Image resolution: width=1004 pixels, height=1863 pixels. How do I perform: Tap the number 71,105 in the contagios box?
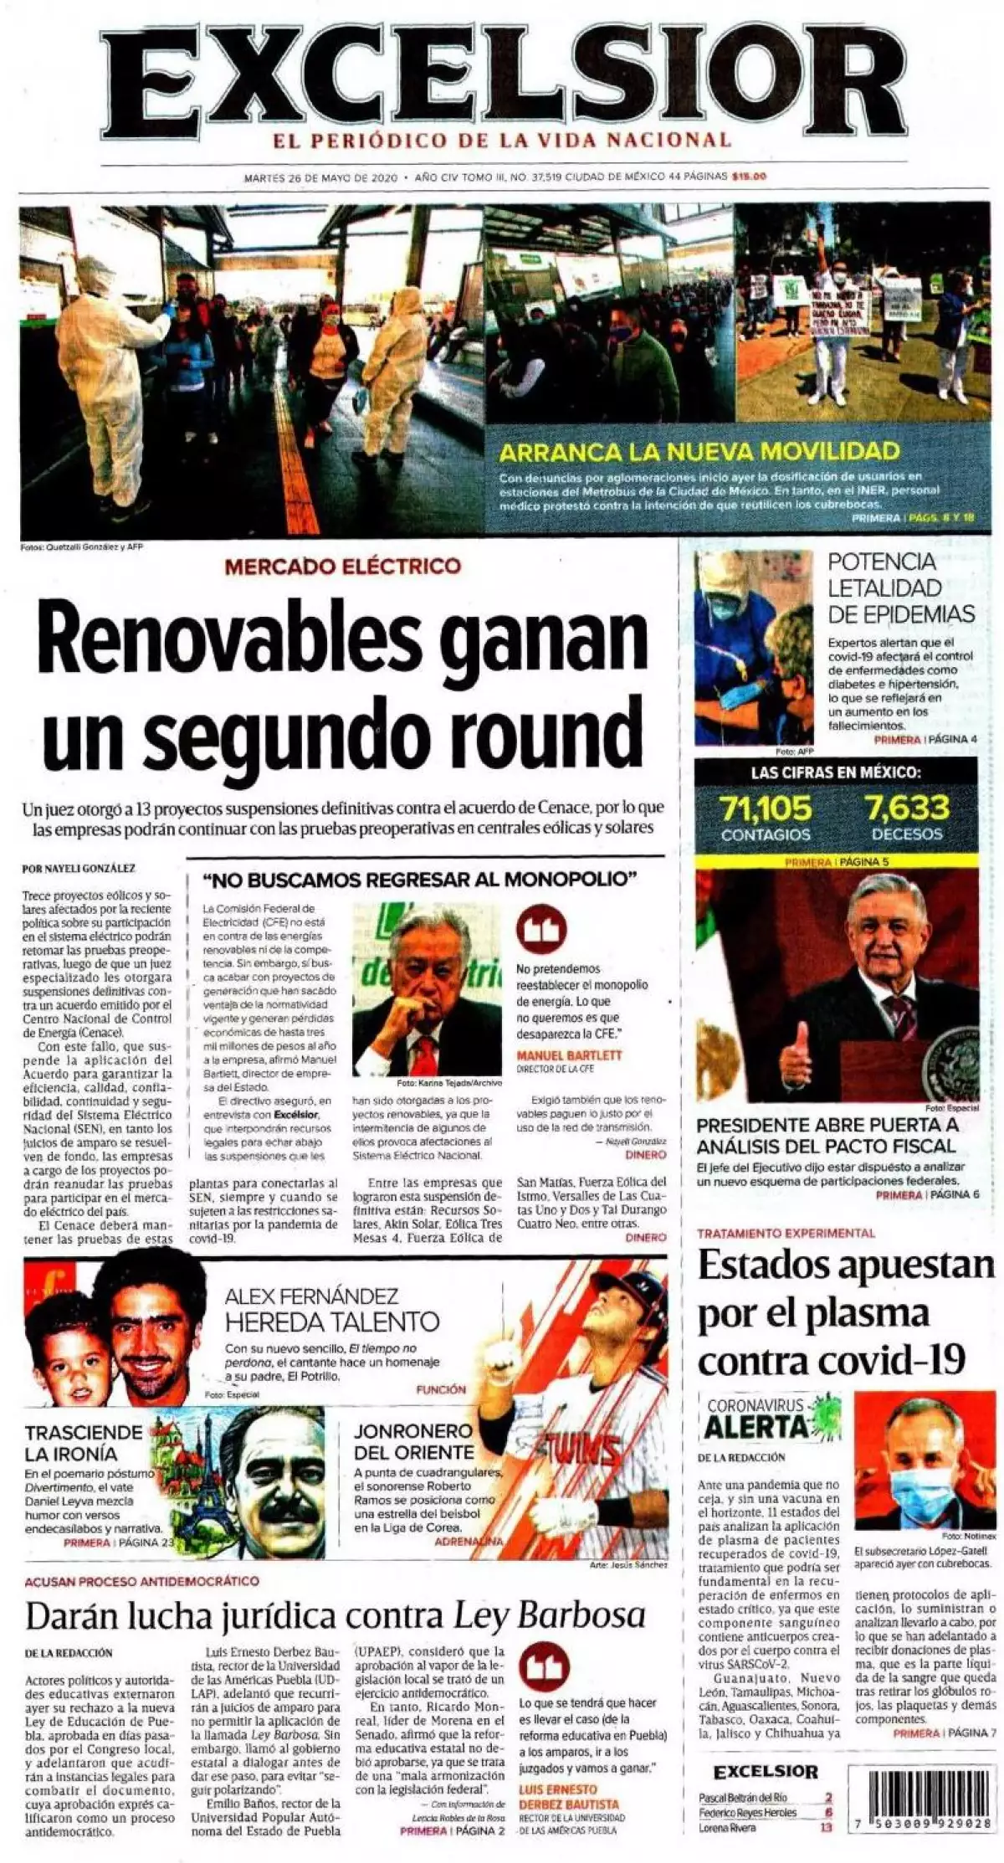tap(766, 808)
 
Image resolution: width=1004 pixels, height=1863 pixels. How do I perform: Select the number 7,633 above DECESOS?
tap(907, 808)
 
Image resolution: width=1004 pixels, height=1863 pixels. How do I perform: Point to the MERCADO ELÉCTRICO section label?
tap(342, 566)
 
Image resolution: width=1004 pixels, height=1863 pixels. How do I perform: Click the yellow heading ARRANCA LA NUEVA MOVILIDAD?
tap(699, 452)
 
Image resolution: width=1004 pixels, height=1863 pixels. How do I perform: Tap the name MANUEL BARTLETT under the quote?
tap(569, 1055)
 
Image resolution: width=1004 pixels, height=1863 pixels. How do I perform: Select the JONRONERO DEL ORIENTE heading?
tap(413, 1441)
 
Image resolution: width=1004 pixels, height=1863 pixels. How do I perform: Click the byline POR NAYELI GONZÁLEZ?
tap(79, 869)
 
